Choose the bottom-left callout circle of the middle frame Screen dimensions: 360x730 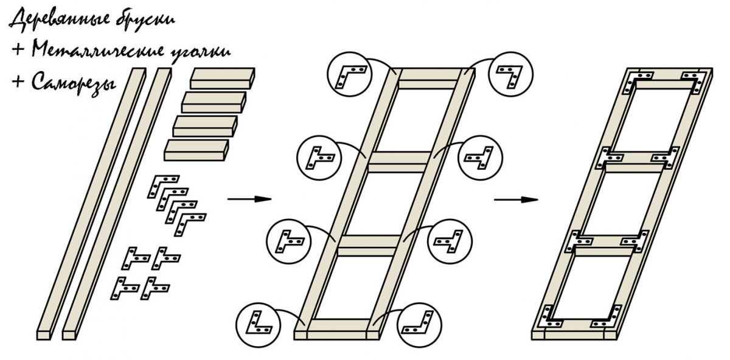coord(259,322)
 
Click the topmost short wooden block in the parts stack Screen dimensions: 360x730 coord(223,77)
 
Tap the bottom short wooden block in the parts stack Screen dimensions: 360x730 coord(196,150)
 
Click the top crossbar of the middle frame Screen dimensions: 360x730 coord(429,79)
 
